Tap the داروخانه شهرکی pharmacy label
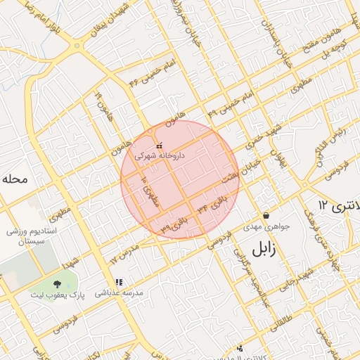coord(160,156)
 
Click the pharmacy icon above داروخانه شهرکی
coord(159,146)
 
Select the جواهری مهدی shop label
coord(262,227)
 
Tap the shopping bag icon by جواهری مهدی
coord(266,215)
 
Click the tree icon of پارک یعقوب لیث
coord(55,284)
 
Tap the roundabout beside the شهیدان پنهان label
coord(76,46)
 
